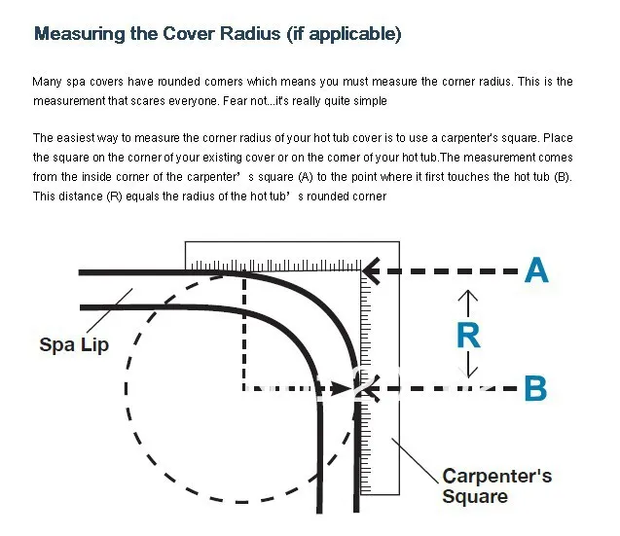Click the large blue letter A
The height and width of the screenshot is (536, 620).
coord(536,269)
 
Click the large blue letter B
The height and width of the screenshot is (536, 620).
coord(536,388)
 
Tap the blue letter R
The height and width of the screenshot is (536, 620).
coord(468,335)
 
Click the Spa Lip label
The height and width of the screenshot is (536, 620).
coord(74,344)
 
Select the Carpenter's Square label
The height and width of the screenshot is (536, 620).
coord(496,485)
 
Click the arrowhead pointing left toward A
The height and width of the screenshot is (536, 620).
coord(372,269)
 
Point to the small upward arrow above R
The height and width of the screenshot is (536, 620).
coord(468,297)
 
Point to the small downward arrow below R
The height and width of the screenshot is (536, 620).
coord(468,368)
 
